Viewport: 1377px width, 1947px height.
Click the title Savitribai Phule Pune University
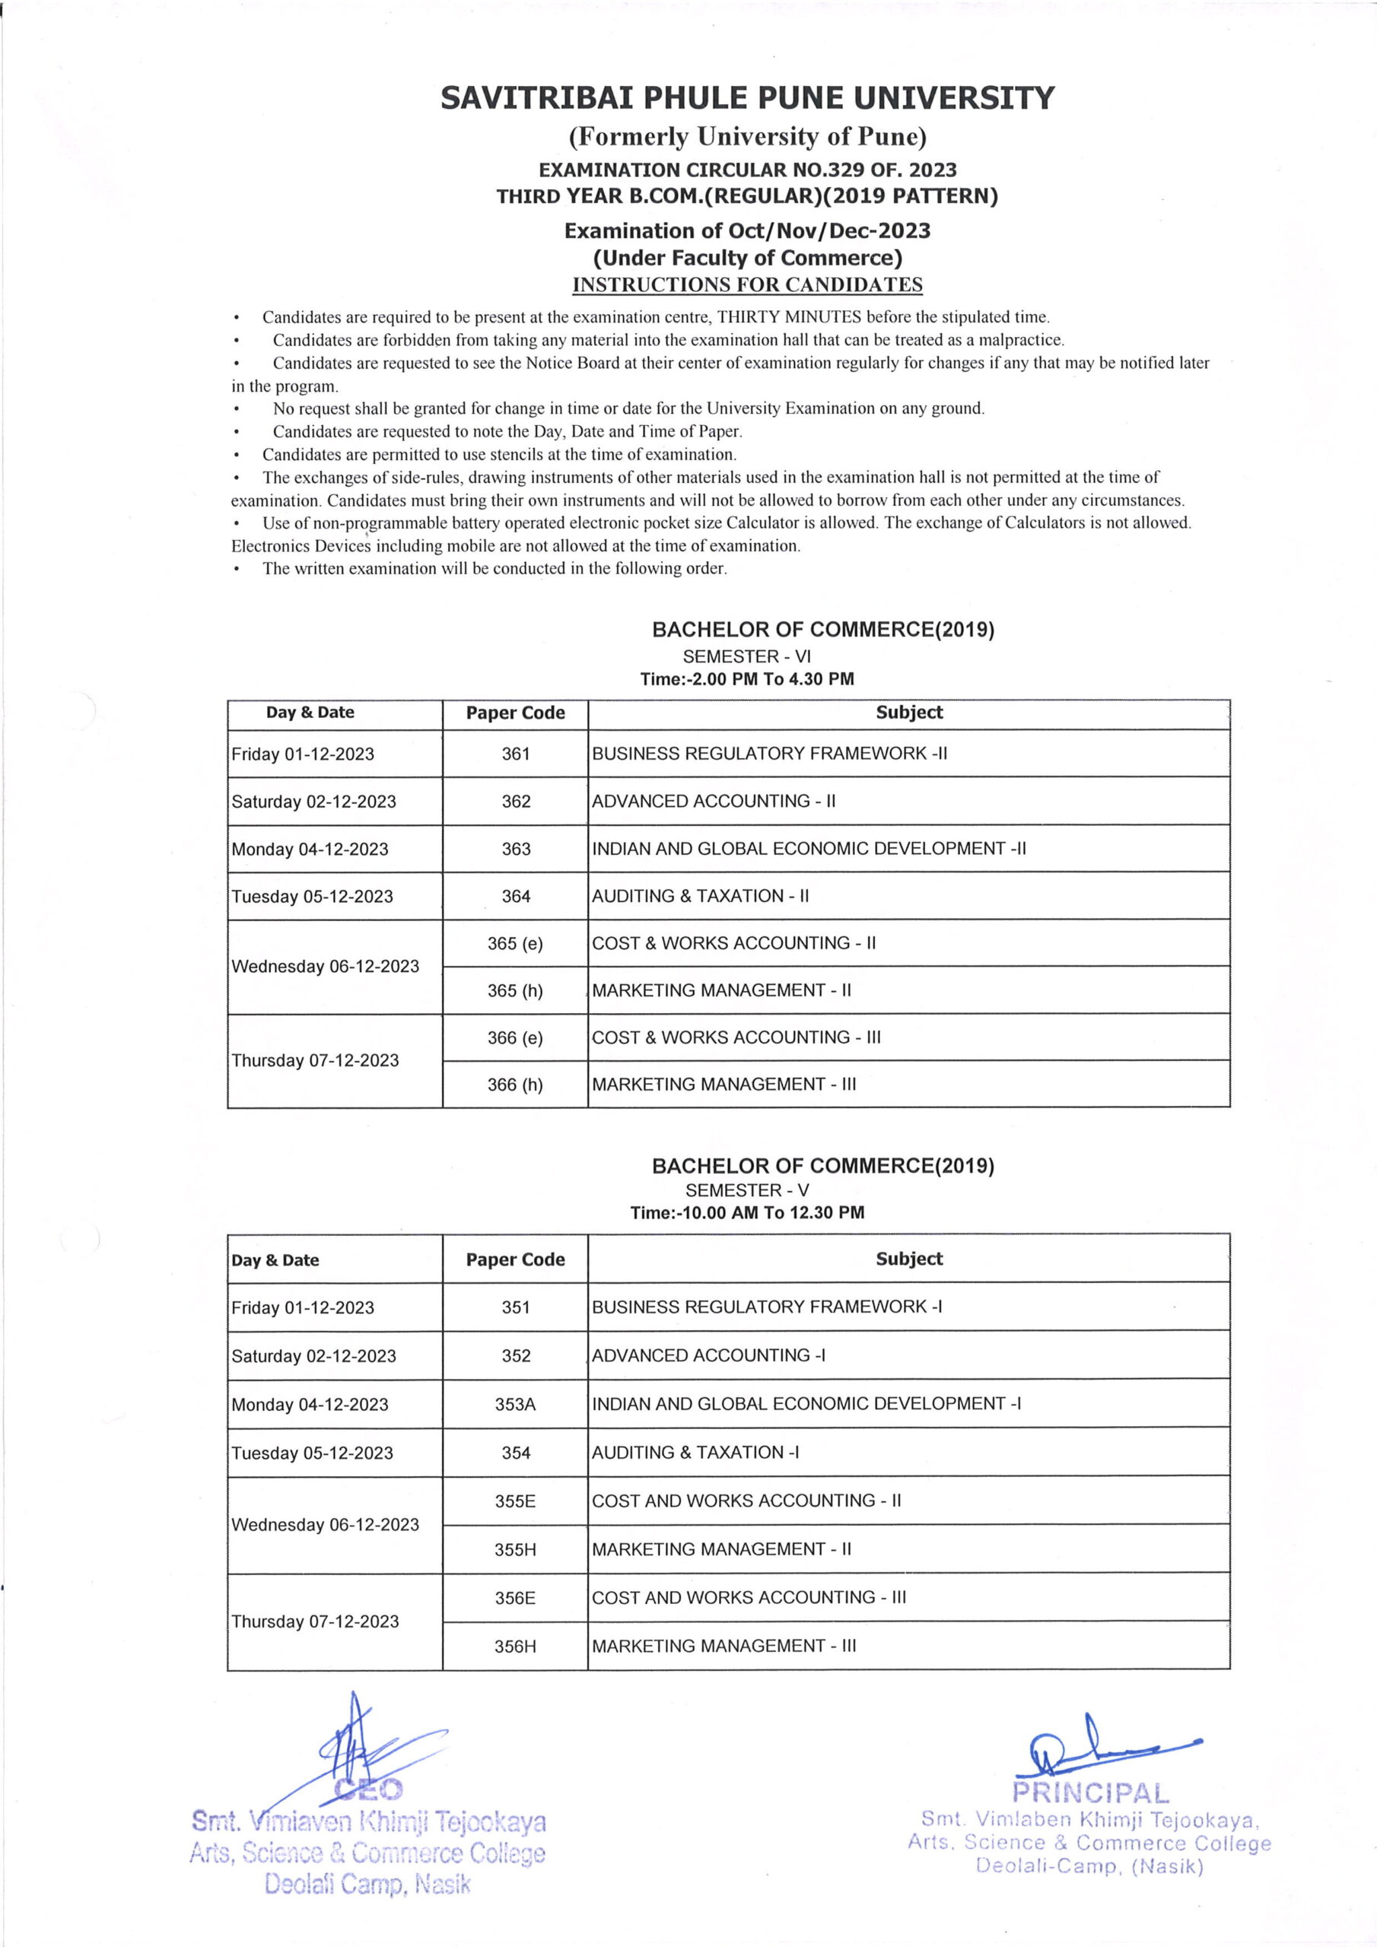coord(746,98)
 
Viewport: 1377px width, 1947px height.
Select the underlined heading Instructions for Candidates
coord(746,285)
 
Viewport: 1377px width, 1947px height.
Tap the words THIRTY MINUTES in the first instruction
coord(789,317)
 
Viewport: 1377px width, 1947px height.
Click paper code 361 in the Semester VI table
coord(515,754)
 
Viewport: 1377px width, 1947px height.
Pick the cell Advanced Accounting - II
coord(713,802)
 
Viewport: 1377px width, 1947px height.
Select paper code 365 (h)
coord(515,990)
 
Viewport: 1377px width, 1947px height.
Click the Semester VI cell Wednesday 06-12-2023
coord(325,967)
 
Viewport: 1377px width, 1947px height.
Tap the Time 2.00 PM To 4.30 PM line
coord(746,679)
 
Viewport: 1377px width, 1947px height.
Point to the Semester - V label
coord(746,1189)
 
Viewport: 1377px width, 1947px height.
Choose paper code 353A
coord(515,1404)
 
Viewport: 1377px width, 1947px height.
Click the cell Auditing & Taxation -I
coord(695,1453)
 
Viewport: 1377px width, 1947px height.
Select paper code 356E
coord(515,1599)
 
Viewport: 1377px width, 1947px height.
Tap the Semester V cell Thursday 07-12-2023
coord(315,1621)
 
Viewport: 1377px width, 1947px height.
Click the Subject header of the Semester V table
coord(908,1259)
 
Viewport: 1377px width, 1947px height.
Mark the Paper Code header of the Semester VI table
coord(515,713)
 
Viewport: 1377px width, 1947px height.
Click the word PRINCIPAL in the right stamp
coord(1090,1793)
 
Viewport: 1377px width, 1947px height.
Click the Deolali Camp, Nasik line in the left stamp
coord(367,1884)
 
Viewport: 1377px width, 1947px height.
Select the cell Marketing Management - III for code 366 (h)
coord(723,1085)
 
